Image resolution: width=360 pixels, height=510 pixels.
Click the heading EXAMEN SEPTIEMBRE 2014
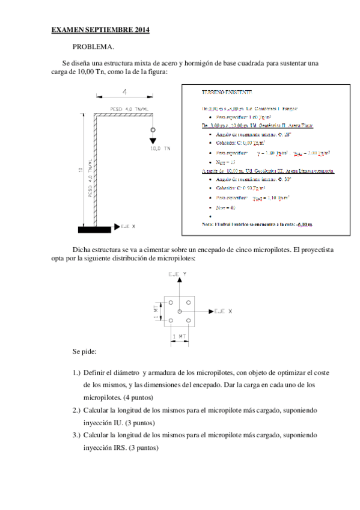tap(100, 29)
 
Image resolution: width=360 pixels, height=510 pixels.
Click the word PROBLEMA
tap(93, 46)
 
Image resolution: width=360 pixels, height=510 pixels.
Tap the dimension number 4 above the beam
tap(124, 92)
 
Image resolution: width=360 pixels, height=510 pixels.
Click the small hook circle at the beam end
tap(153, 130)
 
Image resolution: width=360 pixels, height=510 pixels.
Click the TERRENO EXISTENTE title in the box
tap(227, 92)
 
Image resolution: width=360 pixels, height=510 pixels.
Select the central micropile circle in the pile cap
tap(179, 312)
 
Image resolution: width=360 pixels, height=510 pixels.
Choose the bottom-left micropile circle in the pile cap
tap(171, 321)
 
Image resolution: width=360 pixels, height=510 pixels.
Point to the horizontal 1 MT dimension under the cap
tap(179, 336)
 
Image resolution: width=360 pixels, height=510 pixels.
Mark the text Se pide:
tap(84, 351)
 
